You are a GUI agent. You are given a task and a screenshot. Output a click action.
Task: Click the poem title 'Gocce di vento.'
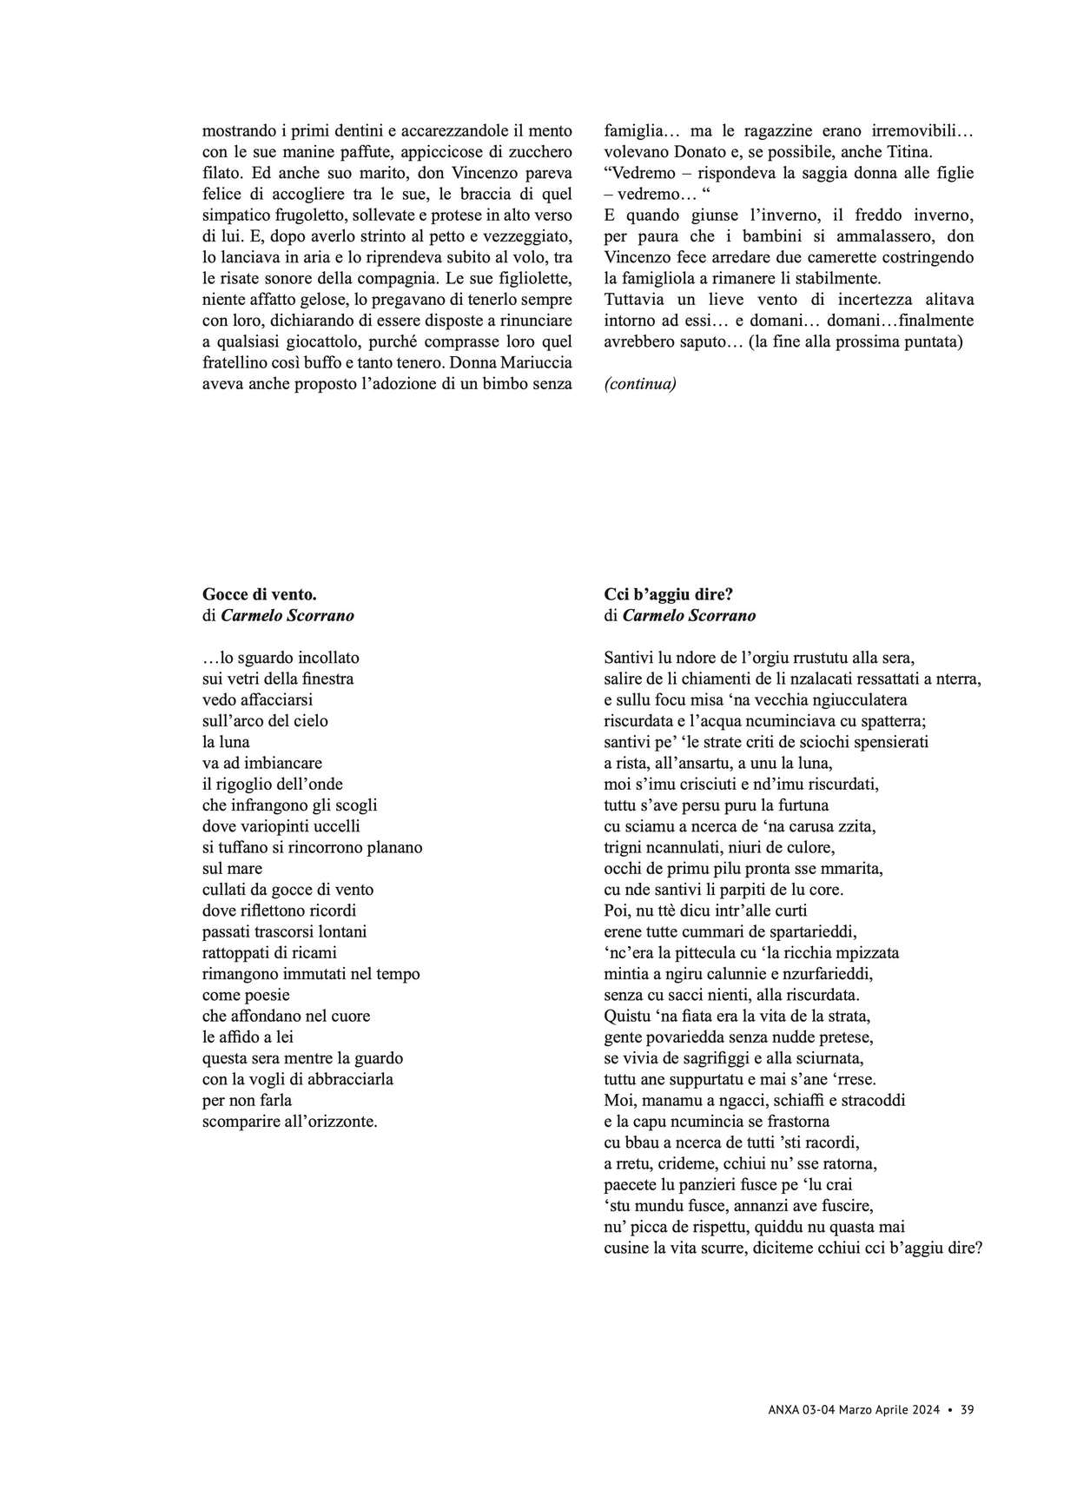coord(259,595)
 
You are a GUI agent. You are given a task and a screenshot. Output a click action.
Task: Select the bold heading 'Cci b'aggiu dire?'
coord(668,595)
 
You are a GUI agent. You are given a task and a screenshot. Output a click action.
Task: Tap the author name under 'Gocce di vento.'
coord(287,616)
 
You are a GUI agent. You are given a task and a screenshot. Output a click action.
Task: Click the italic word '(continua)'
coord(639,384)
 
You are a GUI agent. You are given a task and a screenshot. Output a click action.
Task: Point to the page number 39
coord(967,1410)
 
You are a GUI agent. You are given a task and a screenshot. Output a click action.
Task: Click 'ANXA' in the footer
coord(784,1410)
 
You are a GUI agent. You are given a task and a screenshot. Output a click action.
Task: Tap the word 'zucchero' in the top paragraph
coord(540,152)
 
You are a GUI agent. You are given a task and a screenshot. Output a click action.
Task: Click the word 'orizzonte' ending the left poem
coord(334,1122)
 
